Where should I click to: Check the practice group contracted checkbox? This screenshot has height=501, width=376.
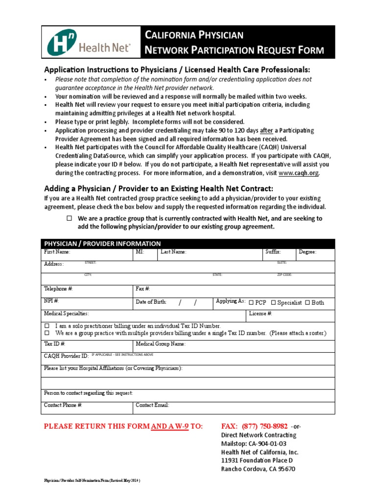(69, 218)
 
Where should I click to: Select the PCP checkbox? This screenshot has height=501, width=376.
(252, 303)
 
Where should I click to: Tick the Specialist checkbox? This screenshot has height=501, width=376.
(274, 303)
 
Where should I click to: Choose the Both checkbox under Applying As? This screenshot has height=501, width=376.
(307, 303)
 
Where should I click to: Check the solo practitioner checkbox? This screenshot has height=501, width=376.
(47, 326)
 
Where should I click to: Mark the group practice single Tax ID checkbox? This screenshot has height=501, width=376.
(47, 333)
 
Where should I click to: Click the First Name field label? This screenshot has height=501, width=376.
(57, 252)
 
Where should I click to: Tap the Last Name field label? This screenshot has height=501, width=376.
(173, 252)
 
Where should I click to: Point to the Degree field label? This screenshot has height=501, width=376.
(307, 252)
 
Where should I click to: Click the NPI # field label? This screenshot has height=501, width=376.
(51, 301)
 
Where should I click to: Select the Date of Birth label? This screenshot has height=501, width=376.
(151, 302)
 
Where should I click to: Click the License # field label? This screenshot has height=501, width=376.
(260, 313)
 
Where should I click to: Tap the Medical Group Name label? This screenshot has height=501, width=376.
(161, 344)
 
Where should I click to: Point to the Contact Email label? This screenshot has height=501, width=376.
(152, 405)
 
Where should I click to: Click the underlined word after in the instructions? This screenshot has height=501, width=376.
(266, 131)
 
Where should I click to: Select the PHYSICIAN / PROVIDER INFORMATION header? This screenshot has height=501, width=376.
(102, 244)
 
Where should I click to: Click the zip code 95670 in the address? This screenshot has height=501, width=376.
(286, 469)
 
